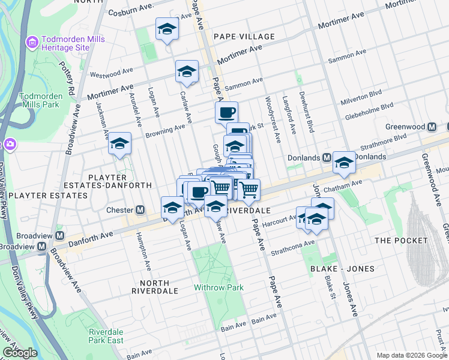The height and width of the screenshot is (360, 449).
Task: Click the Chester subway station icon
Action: [x=140, y=210]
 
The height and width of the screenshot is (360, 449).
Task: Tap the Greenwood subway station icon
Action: [x=432, y=127]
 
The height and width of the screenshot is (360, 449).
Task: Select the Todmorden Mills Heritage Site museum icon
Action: [x=32, y=43]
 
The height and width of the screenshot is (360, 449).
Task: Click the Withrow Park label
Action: [x=218, y=287]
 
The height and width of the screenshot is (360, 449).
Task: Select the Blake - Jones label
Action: [x=342, y=269]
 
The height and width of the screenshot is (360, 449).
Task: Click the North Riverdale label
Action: [x=159, y=286]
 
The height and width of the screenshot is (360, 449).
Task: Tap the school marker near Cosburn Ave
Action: [x=167, y=28]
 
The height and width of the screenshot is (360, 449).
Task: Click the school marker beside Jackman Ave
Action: [x=119, y=143]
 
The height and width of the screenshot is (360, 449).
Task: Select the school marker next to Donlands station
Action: [x=344, y=162]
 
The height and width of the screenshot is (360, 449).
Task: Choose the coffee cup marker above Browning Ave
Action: [x=226, y=112]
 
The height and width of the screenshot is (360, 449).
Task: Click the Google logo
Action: [x=20, y=353]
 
